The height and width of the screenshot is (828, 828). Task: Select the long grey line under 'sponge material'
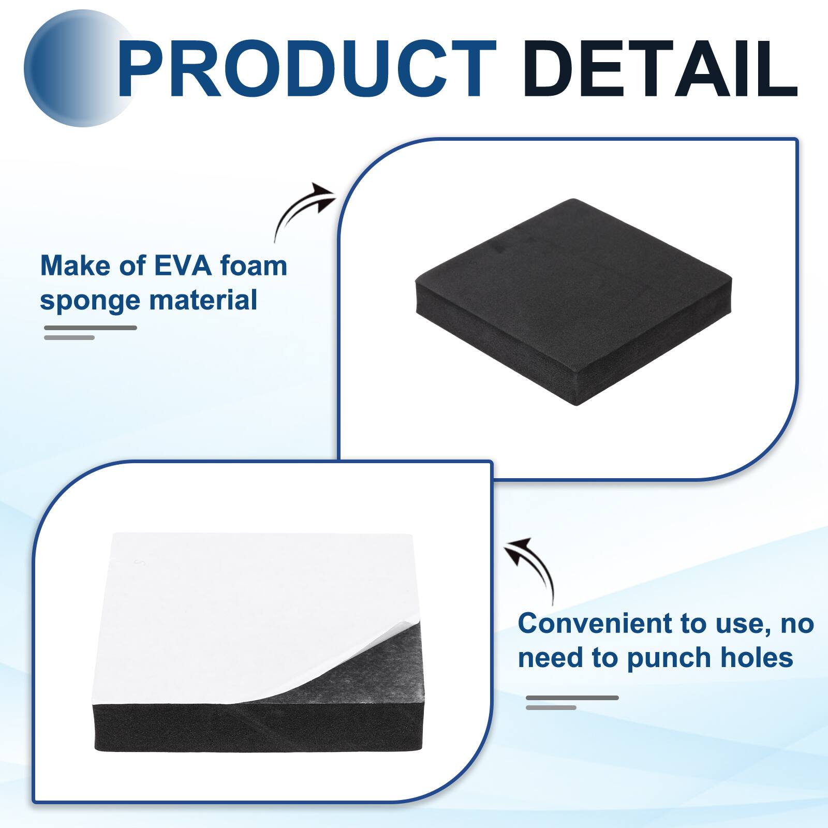pos(91,328)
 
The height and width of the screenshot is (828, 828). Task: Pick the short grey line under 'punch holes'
pos(551,707)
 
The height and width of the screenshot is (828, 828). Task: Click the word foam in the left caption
pos(254,266)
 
